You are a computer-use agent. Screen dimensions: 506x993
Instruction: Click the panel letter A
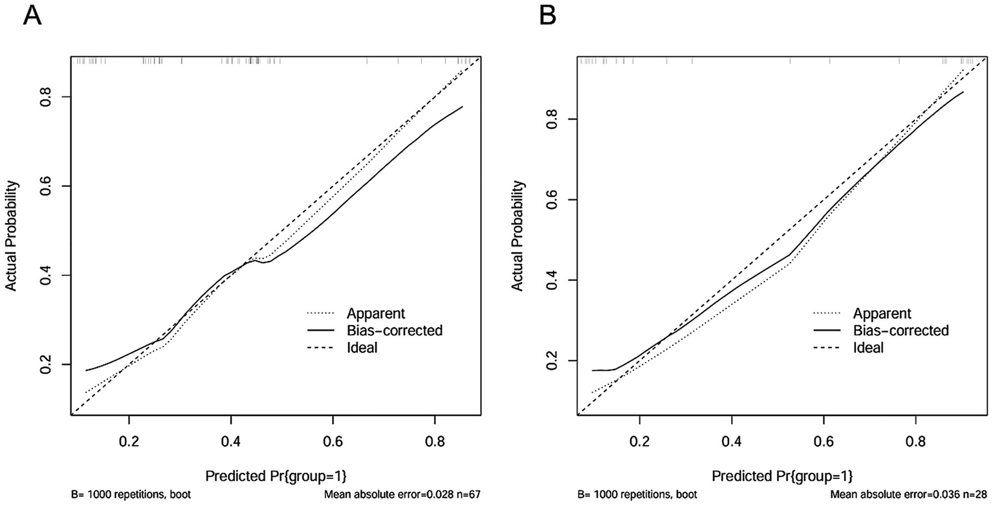32,14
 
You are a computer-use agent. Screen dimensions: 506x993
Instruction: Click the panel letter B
547,14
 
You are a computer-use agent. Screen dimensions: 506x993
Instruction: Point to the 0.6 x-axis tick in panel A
333,441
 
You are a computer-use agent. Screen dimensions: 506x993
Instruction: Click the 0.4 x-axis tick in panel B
732,441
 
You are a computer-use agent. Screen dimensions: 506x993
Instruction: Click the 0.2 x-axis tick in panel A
129,441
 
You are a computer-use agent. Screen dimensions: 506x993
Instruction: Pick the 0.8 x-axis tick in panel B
916,441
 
